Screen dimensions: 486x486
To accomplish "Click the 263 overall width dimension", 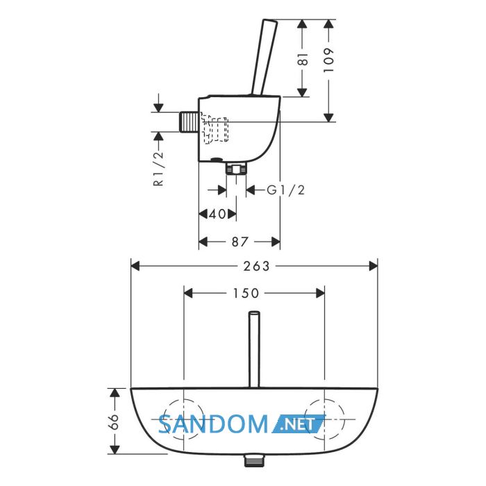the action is coord(256,266).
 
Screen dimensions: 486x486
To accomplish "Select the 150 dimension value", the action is coord(246,293).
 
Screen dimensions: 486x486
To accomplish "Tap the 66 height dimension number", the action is coord(114,421).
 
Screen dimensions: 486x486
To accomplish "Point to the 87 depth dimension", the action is coord(240,242).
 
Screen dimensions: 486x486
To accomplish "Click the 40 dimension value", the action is coord(217,214).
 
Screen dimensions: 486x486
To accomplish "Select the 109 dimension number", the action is coord(329,60).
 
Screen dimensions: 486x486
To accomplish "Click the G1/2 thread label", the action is coord(286,190).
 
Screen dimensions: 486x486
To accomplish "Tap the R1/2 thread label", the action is coord(158,168).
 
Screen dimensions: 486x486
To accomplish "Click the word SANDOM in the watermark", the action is coord(213,424).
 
